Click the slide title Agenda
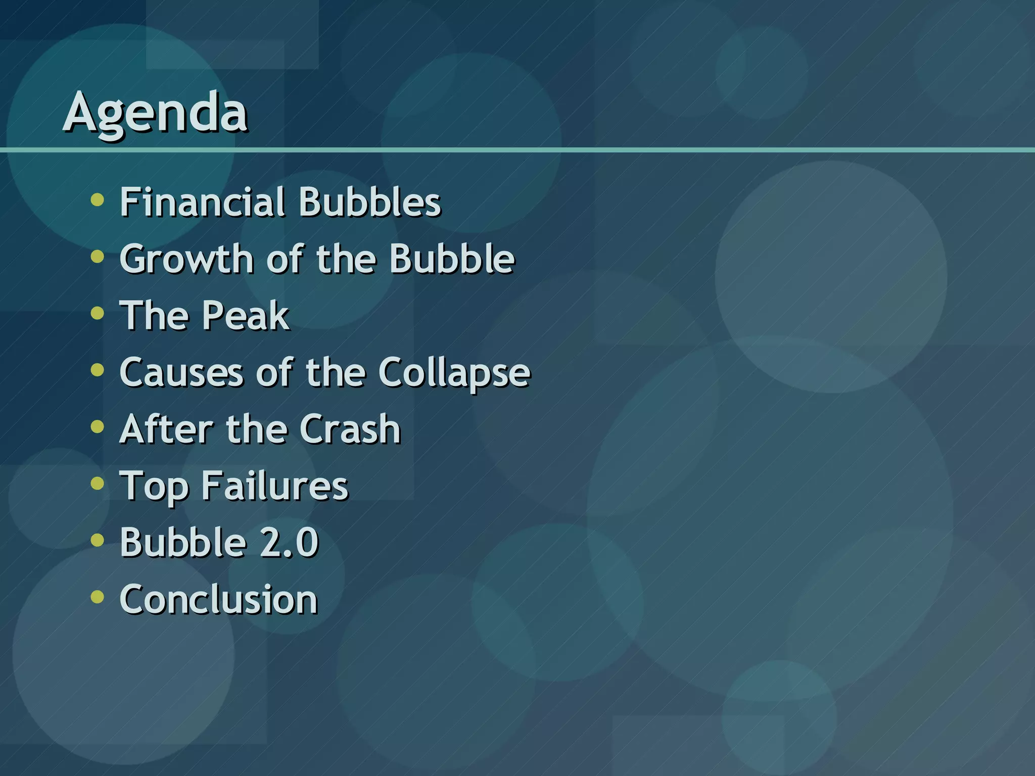(x=155, y=112)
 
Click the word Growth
(x=186, y=259)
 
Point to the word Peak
(x=246, y=316)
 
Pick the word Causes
(x=181, y=372)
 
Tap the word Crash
(x=350, y=429)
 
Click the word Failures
(x=274, y=486)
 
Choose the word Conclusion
(x=218, y=600)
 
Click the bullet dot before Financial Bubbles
(x=97, y=200)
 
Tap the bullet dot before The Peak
(x=97, y=313)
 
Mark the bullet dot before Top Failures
(x=97, y=483)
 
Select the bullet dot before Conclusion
(x=97, y=597)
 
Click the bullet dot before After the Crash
(x=97, y=427)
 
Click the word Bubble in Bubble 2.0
(x=182, y=543)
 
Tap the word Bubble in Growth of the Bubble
(x=452, y=259)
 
